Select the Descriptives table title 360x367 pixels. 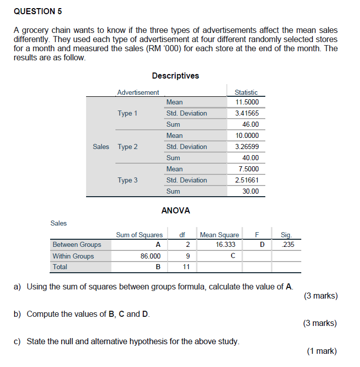click(x=175, y=76)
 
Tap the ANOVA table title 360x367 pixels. click(x=175, y=210)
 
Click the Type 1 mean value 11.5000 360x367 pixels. click(x=247, y=102)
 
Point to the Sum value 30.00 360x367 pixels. click(x=250, y=191)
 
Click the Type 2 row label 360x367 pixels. click(x=128, y=146)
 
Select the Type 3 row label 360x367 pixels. click(x=128, y=180)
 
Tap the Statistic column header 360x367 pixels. click(x=246, y=92)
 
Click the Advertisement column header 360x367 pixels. click(x=138, y=92)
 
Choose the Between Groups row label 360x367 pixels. click(x=77, y=244)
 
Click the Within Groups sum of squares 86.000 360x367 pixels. click(x=150, y=256)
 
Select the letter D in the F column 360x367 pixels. click(x=262, y=244)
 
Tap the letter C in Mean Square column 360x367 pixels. click(x=232, y=256)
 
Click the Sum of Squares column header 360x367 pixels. click(x=139, y=235)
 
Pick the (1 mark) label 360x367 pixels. click(x=322, y=351)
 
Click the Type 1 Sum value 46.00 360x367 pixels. click(x=250, y=124)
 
